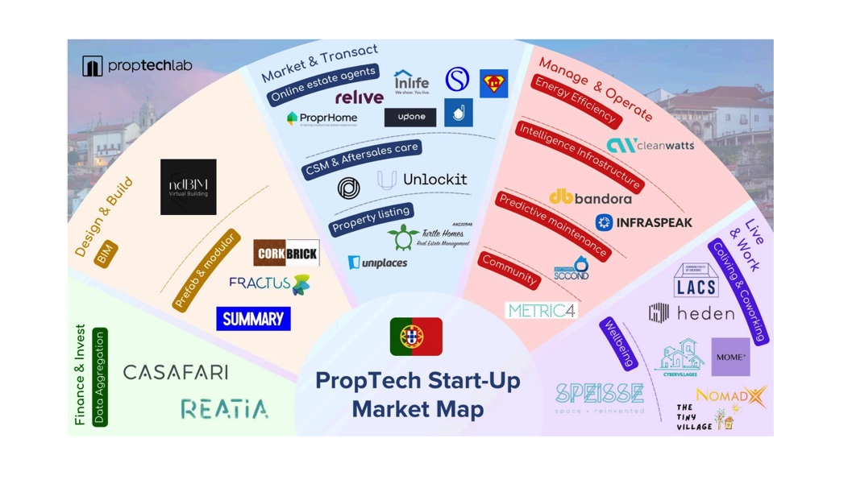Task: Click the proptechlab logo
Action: click(x=137, y=65)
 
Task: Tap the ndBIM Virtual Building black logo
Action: click(x=188, y=187)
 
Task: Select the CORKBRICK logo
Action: click(x=286, y=253)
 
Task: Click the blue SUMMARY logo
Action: click(x=253, y=319)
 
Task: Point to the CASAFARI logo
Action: click(x=176, y=372)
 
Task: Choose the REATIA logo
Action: click(x=224, y=409)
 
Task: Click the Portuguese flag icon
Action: click(x=416, y=337)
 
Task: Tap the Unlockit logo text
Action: click(x=434, y=180)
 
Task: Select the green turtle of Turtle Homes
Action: click(x=402, y=238)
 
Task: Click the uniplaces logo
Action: click(x=377, y=263)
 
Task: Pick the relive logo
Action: click(x=359, y=97)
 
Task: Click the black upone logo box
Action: click(x=410, y=117)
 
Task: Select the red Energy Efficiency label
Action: click(x=576, y=101)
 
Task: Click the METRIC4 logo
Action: click(x=541, y=310)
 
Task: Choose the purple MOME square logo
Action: click(x=730, y=357)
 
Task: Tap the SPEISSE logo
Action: click(x=600, y=395)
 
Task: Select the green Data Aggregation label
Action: click(x=100, y=377)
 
